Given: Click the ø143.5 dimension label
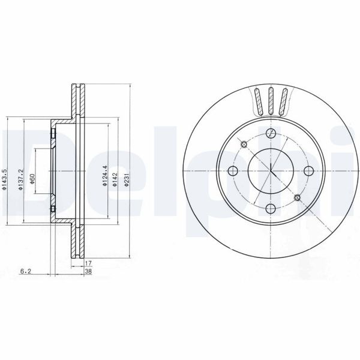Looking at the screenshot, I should (5, 179).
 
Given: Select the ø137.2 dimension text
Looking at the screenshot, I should (20, 179).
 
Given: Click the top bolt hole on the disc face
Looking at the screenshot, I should (271, 133).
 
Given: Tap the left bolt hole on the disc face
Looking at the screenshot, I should (233, 171).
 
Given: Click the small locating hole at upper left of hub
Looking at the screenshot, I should (244, 144).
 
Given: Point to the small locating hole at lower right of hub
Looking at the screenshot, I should (298, 197).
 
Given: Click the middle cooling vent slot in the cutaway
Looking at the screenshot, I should (271, 101).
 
